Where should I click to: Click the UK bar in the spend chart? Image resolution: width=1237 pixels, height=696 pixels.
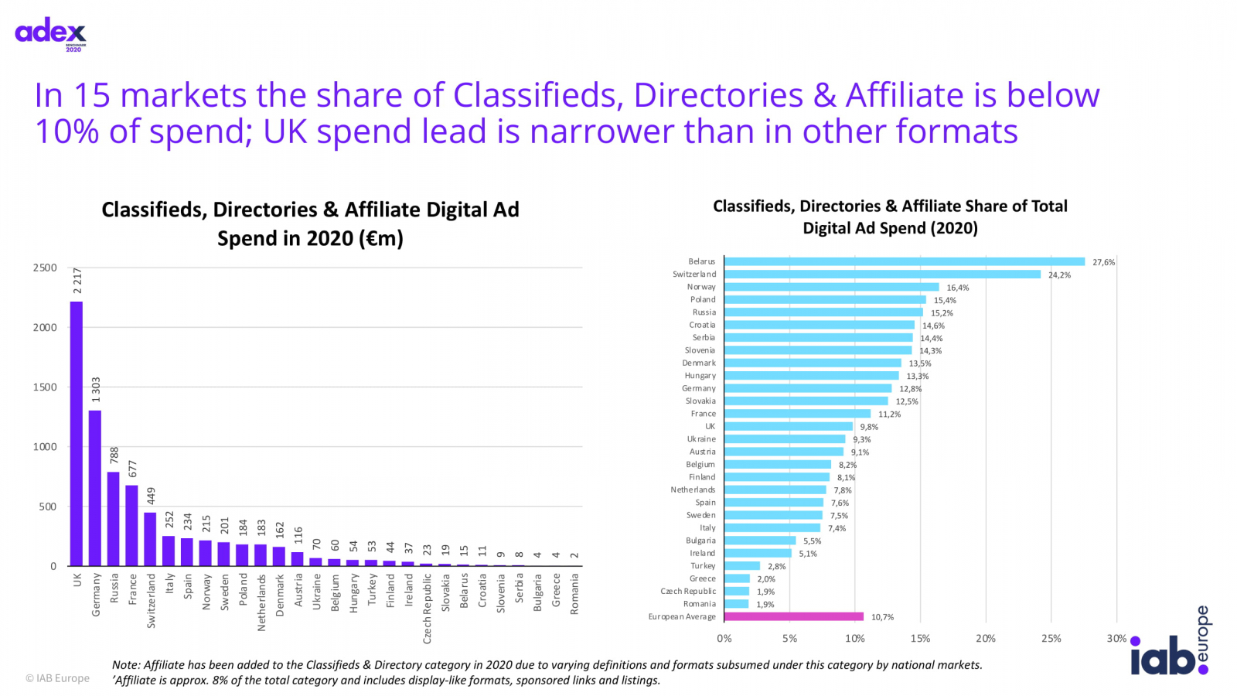click(77, 433)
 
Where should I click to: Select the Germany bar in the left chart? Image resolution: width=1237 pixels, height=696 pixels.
click(95, 487)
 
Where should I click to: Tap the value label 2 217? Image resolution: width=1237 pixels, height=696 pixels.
click(77, 281)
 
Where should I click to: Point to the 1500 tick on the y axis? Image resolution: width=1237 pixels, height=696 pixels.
click(45, 387)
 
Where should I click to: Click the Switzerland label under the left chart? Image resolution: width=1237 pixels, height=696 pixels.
click(151, 600)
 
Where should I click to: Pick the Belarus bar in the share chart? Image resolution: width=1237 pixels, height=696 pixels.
click(905, 262)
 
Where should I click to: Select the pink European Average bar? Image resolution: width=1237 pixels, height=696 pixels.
click(794, 616)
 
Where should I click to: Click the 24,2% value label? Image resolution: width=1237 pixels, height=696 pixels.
click(1059, 275)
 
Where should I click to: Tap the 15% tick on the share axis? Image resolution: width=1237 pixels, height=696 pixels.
click(920, 639)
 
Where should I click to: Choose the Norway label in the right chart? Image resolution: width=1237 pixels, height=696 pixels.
click(701, 287)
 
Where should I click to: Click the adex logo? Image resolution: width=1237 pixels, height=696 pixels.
click(51, 32)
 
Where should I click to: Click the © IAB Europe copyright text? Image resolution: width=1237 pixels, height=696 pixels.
click(57, 678)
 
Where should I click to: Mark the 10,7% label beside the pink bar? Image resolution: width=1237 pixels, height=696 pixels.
click(882, 617)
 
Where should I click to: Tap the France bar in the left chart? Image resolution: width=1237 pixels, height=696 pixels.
click(132, 526)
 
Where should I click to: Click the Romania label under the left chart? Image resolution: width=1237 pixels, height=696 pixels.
click(574, 594)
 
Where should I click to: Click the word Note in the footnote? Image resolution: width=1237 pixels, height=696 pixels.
click(125, 665)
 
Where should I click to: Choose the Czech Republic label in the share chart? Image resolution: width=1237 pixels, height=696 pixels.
click(688, 592)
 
